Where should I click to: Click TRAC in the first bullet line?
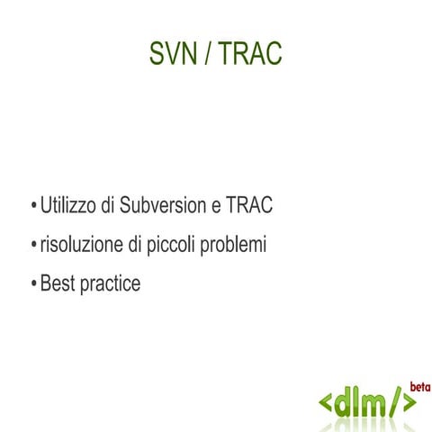pyautogui.click(x=248, y=205)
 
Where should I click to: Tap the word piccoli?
pyautogui.click(x=175, y=245)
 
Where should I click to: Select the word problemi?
pyautogui.click(x=236, y=244)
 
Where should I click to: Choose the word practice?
pyautogui.click(x=110, y=284)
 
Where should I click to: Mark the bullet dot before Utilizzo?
pyautogui.click(x=33, y=206)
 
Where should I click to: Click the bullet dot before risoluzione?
pyautogui.click(x=33, y=245)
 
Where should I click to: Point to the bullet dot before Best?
pyautogui.click(x=33, y=284)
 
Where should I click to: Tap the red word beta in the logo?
pyautogui.click(x=419, y=387)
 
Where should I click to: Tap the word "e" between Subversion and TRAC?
pyautogui.click(x=216, y=207)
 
